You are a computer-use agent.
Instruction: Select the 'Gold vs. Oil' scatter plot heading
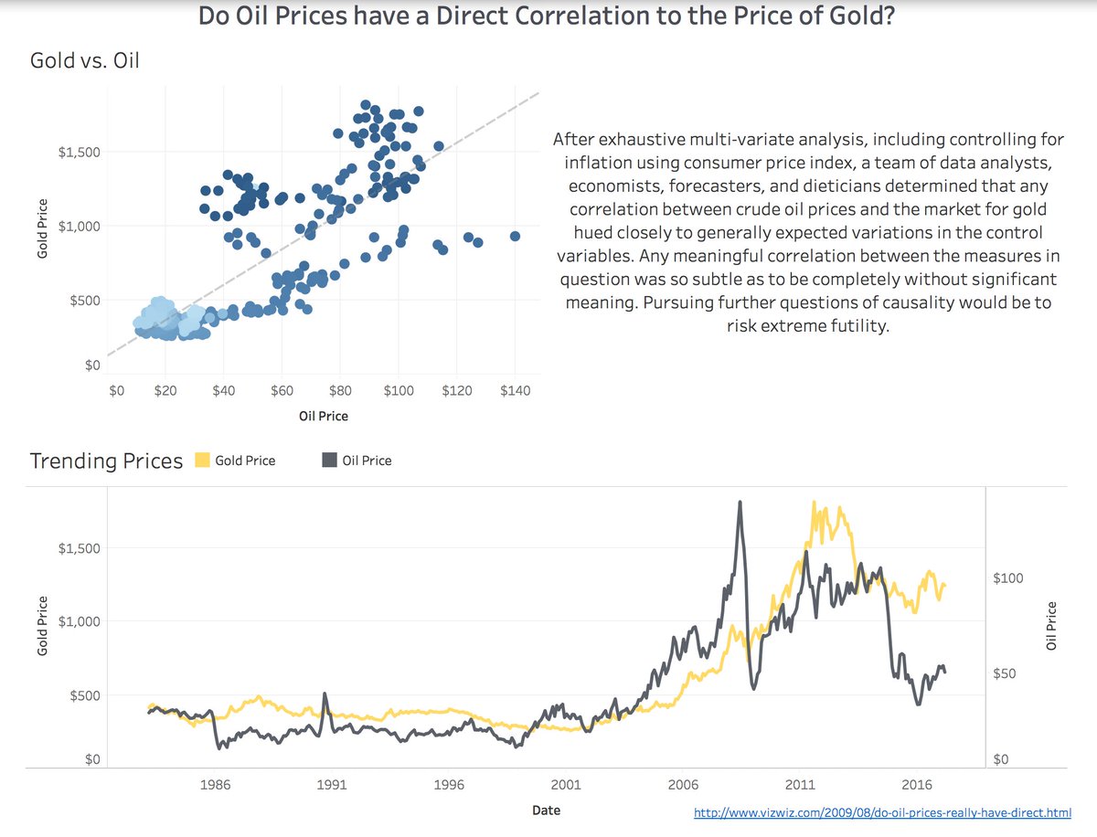pyautogui.click(x=84, y=62)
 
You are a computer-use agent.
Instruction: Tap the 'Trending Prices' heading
pyautogui.click(x=106, y=461)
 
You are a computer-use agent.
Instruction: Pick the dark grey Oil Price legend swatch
pyautogui.click(x=329, y=461)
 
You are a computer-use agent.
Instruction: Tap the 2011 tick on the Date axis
pyautogui.click(x=800, y=785)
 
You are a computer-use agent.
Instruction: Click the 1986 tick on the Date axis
pyautogui.click(x=215, y=785)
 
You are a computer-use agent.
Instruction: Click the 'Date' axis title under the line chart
pyautogui.click(x=546, y=811)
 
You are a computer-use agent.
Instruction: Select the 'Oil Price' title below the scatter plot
pyautogui.click(x=324, y=416)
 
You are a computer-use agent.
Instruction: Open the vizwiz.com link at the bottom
pyautogui.click(x=882, y=811)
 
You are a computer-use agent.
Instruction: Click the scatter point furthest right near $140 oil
pyautogui.click(x=515, y=236)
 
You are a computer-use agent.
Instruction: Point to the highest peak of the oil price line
pyautogui.click(x=740, y=502)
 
